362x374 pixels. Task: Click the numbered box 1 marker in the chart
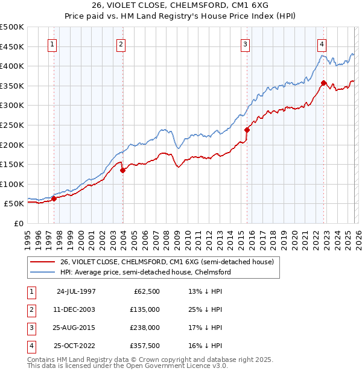tap(53, 43)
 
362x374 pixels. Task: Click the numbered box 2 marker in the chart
tap(121, 43)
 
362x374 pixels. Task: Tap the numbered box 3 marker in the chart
tap(246, 43)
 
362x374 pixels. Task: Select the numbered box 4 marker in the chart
tap(322, 43)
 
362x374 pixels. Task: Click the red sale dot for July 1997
tap(54, 198)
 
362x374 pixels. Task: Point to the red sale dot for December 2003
tap(122, 170)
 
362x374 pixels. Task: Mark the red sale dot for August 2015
tap(247, 130)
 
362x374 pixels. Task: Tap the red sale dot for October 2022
tap(324, 83)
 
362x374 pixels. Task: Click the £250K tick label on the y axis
tap(12, 125)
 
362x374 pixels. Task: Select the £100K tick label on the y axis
tap(12, 184)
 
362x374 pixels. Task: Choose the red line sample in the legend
tap(42, 262)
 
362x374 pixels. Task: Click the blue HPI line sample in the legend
tap(42, 272)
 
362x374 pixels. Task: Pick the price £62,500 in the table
tap(146, 291)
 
